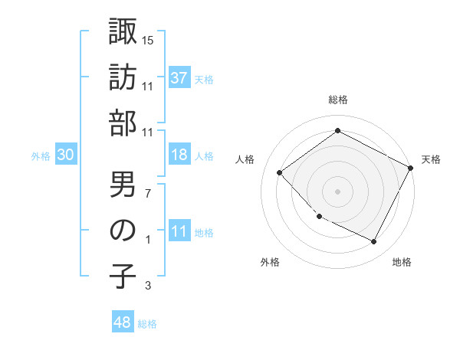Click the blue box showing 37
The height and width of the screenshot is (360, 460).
(179, 78)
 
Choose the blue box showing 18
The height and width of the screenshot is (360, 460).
(179, 155)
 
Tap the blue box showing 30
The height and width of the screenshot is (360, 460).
(66, 155)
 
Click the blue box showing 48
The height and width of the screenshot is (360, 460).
(123, 323)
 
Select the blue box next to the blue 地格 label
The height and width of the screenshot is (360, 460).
(179, 232)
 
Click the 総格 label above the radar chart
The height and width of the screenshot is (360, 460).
(337, 100)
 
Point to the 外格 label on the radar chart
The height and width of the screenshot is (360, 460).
(270, 262)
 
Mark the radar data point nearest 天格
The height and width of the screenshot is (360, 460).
(410, 168)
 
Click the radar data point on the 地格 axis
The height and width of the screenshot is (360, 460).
(373, 241)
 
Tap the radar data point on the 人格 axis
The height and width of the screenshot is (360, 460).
(280, 173)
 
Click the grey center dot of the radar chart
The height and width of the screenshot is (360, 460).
(337, 191)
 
